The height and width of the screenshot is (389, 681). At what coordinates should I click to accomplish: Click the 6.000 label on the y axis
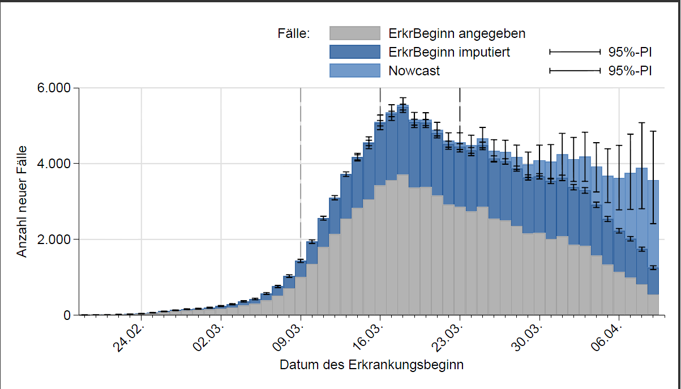point(54,88)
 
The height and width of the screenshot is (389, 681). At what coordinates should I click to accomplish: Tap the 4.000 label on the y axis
point(54,164)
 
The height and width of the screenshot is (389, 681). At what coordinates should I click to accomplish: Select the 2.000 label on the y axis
point(54,240)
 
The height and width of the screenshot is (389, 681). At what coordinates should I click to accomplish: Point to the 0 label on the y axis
point(67,315)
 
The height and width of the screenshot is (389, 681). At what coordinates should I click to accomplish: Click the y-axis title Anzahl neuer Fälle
point(22,202)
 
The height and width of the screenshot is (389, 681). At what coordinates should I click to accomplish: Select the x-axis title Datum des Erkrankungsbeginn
point(371,365)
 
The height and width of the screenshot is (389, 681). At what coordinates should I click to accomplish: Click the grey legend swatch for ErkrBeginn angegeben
point(354,33)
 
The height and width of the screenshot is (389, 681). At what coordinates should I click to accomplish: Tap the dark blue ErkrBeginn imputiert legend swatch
point(354,52)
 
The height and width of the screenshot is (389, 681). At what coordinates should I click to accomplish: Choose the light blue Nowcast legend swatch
point(354,71)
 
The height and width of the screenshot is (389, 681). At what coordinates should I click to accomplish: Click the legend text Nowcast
point(414,71)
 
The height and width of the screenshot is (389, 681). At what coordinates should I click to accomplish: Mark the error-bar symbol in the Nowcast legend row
point(575,71)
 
